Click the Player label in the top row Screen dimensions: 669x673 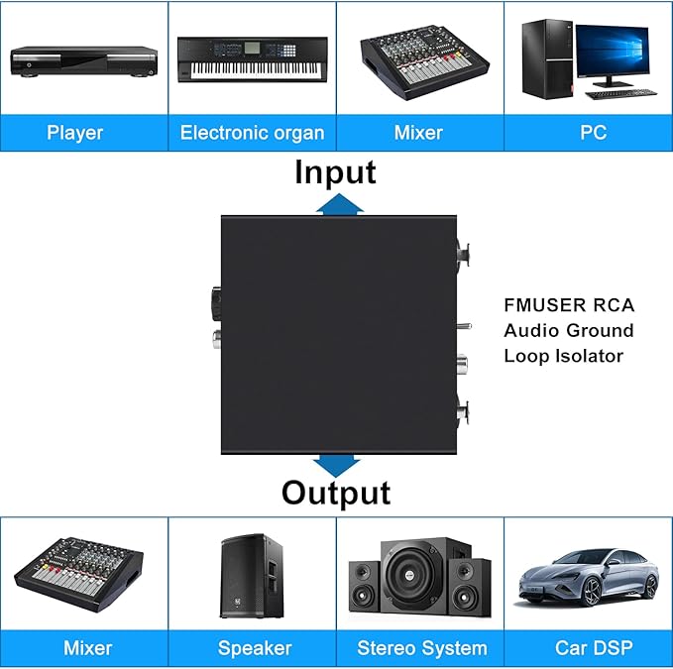pos(74,132)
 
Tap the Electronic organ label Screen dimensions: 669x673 pos(252,132)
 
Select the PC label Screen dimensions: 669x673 pos(594,132)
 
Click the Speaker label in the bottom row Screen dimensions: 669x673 pos(255,648)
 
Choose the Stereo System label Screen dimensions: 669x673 pos(422,648)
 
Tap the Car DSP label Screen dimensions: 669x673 pos(594,648)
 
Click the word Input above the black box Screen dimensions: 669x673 pos(335,171)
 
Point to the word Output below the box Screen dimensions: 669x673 pos(336,492)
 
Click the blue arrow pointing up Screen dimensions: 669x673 pos(337,203)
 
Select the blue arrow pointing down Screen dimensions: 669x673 pos(337,464)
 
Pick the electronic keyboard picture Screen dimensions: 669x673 pos(252,60)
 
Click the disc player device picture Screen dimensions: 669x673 pos(83,60)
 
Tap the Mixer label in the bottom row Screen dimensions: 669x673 pos(87,648)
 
